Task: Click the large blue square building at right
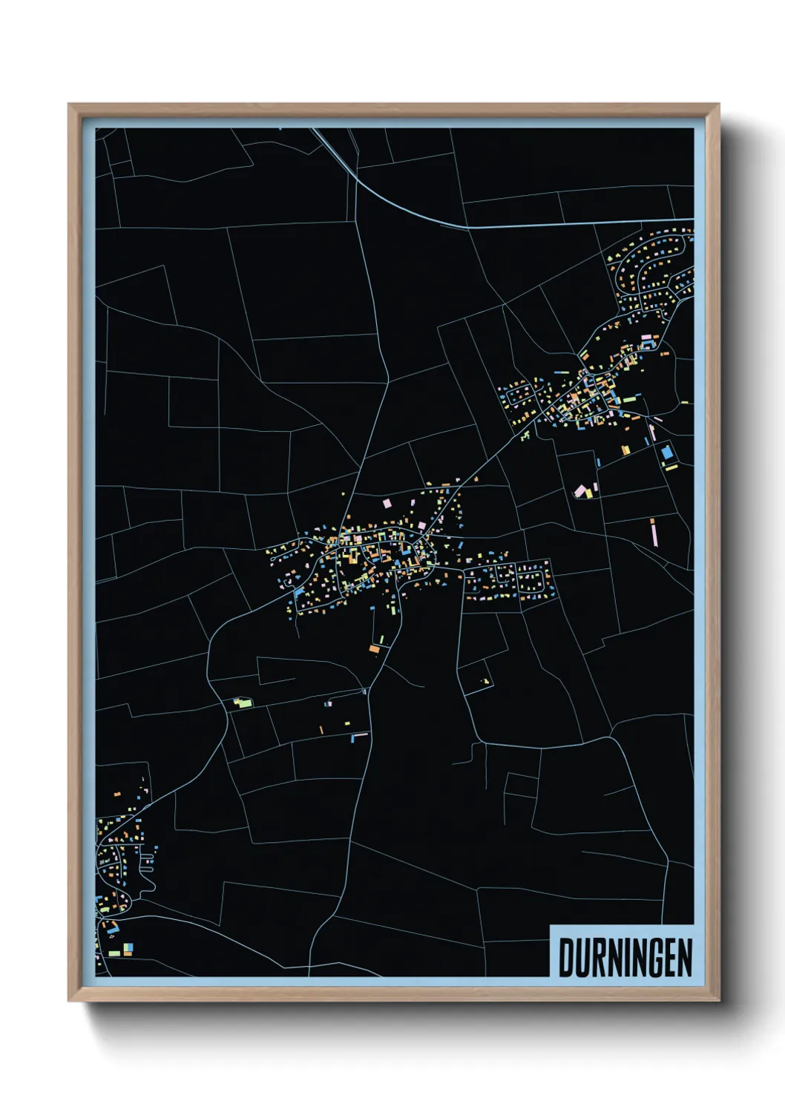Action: coord(666,452)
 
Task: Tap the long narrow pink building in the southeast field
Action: coord(654,531)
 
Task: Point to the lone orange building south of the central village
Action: coord(374,649)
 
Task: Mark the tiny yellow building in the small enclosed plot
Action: coord(487,681)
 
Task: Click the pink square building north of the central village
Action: coord(386,503)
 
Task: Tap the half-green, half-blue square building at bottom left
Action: coord(128,947)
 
